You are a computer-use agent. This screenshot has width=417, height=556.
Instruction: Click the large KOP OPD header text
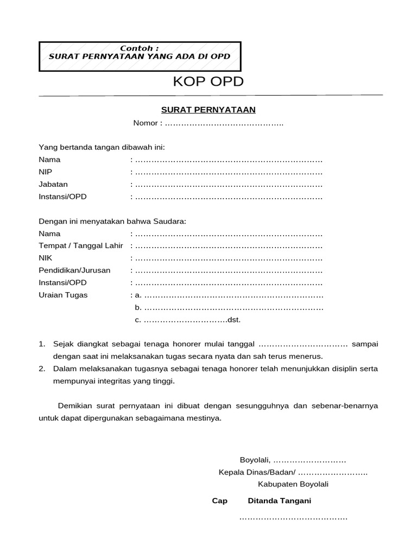point(208,82)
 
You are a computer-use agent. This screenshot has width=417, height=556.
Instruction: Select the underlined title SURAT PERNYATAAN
point(208,110)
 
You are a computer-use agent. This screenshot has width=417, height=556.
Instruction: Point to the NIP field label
point(46,172)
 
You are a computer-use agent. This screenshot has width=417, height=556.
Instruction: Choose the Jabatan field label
point(53,184)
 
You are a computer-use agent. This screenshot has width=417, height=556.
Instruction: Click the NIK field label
point(46,258)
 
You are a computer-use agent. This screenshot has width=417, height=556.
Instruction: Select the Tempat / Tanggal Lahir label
point(81,246)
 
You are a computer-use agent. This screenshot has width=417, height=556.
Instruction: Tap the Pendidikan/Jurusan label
point(74,270)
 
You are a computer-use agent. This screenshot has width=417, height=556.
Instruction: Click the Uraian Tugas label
point(63,295)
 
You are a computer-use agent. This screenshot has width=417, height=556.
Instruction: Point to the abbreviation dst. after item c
point(234,320)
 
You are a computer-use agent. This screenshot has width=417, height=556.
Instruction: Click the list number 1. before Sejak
point(42,344)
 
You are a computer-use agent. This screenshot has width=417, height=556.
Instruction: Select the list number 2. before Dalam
point(42,369)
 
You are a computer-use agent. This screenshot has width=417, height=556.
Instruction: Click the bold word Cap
point(219,501)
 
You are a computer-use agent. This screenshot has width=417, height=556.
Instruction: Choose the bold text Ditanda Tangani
point(279,501)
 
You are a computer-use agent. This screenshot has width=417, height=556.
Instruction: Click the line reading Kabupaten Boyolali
point(293,484)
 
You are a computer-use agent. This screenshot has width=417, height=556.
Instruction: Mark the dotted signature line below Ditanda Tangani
point(293,519)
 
